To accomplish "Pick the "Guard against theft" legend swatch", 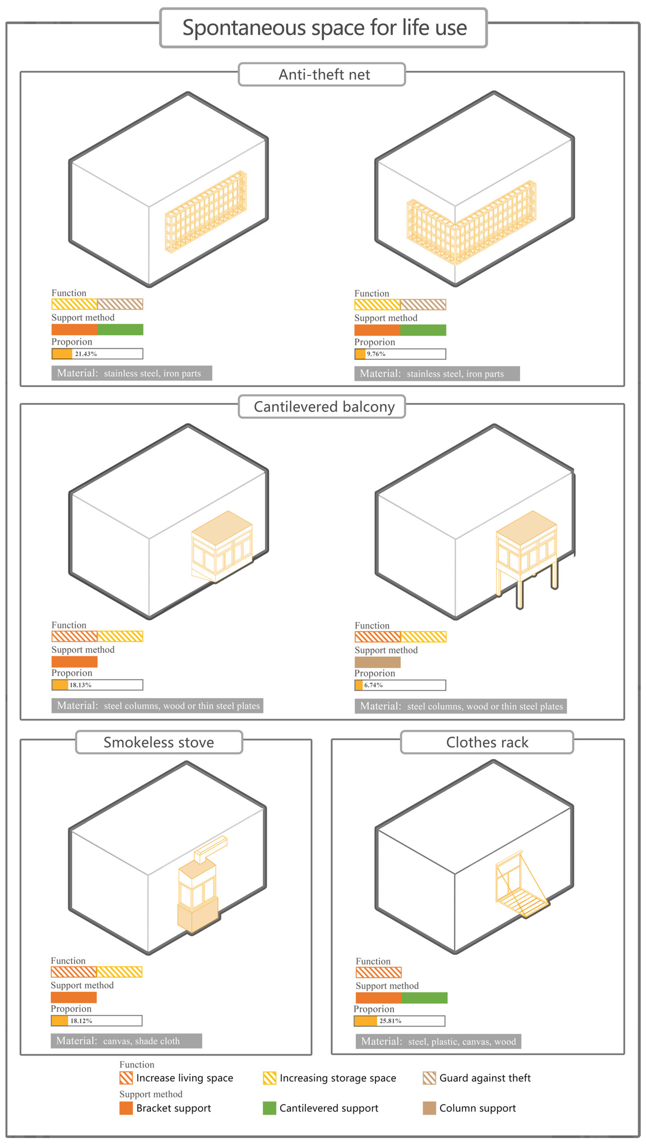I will point(429,1078).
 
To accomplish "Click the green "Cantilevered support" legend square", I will point(269,1108).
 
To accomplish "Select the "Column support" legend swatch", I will point(429,1108).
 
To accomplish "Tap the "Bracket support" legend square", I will point(126,1108).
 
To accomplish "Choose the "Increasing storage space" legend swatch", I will point(269,1078).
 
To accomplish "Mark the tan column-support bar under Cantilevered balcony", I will point(377,662).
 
